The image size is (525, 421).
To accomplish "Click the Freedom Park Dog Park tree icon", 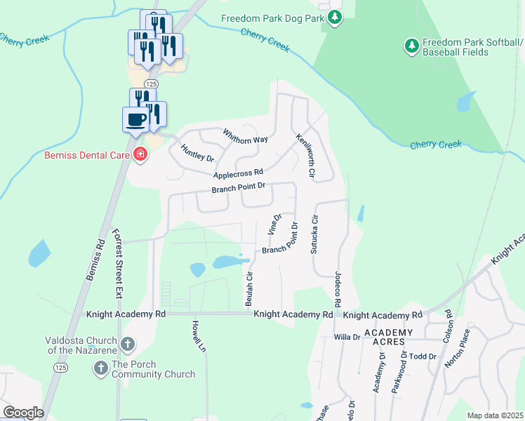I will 335,18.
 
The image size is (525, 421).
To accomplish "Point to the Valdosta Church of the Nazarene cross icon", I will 128,344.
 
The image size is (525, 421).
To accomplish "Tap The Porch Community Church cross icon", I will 100,368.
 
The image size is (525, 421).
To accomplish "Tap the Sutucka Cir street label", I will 315,234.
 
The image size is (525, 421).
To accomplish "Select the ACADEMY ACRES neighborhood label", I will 383,337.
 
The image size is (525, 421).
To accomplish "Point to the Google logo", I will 23,412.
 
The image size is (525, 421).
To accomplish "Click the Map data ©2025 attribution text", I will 495,415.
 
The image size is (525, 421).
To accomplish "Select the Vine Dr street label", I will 274,225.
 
